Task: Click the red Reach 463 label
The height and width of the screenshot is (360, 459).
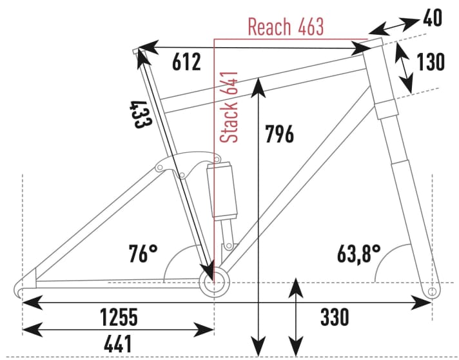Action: point(286,27)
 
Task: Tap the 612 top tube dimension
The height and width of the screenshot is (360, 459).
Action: point(187,63)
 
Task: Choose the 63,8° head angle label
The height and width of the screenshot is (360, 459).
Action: point(358,252)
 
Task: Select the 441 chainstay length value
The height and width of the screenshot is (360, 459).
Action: point(117,343)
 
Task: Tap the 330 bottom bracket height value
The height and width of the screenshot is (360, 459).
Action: point(335,317)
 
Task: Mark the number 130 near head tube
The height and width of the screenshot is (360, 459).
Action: point(431,63)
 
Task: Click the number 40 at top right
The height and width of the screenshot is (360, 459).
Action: point(433,19)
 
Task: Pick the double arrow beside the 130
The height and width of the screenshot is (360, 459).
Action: point(404,70)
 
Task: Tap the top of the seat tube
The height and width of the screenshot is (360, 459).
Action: point(136,51)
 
